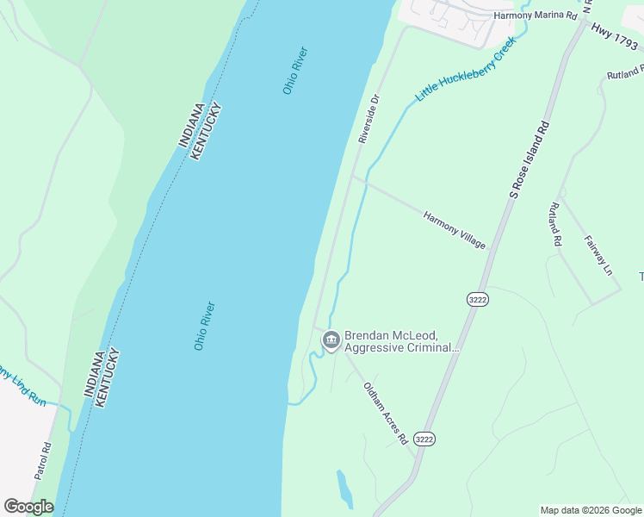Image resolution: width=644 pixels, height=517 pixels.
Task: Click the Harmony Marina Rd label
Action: click(x=535, y=16)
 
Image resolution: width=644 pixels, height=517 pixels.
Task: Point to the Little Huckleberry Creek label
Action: click(x=466, y=70)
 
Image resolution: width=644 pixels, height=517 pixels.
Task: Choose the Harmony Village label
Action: click(x=455, y=230)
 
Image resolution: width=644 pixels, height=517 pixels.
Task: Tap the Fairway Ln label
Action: click(x=598, y=256)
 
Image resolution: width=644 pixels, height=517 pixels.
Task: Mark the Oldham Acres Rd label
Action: click(x=385, y=414)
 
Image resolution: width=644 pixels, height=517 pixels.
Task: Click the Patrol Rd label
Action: click(x=43, y=461)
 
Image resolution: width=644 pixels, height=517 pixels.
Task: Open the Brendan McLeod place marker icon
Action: click(x=330, y=341)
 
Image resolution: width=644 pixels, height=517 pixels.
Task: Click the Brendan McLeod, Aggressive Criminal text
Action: click(x=401, y=341)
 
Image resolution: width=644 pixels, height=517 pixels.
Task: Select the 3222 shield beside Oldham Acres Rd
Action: click(x=424, y=439)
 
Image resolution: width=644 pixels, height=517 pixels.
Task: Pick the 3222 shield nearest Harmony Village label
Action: click(x=478, y=299)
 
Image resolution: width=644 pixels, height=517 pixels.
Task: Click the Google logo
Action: click(x=28, y=507)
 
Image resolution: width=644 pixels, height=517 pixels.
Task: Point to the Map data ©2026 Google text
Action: click(x=591, y=510)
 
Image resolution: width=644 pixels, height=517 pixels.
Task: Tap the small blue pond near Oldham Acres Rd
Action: click(x=344, y=489)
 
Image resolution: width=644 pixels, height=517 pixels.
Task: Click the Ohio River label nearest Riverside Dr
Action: click(x=295, y=71)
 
